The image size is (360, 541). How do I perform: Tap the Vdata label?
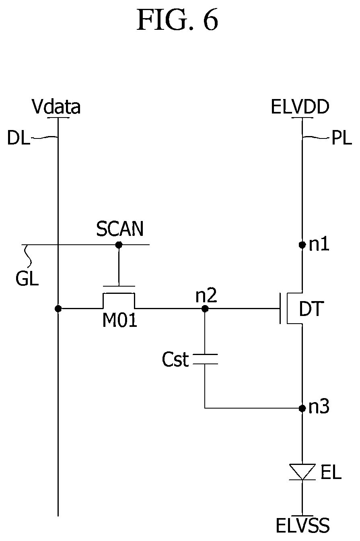(x=56, y=107)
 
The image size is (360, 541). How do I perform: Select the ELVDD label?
(x=300, y=107)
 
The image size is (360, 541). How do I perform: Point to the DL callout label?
(x=19, y=138)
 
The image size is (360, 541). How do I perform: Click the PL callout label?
(x=341, y=138)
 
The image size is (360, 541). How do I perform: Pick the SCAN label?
(x=120, y=229)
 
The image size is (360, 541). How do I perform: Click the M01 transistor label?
(x=120, y=320)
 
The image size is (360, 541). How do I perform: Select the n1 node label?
(x=319, y=244)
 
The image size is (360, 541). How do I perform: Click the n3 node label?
(x=319, y=407)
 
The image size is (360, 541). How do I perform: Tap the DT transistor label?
(x=311, y=309)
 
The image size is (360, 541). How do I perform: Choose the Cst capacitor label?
(x=175, y=359)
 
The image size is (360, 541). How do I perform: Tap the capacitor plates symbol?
(x=205, y=359)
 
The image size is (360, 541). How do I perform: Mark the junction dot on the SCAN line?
(x=119, y=245)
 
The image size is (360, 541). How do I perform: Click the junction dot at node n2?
(x=205, y=308)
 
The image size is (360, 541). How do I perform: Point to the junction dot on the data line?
(x=58, y=308)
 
